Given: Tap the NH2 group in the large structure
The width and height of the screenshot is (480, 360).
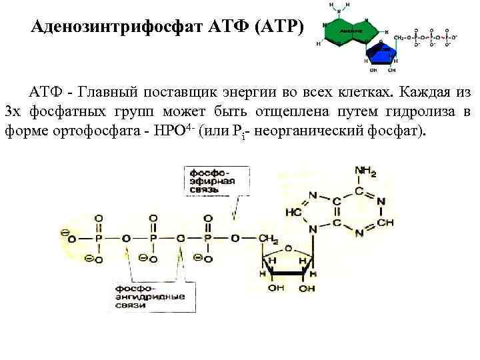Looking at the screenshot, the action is coord(365,171).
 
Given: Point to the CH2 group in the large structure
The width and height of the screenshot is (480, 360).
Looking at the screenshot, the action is coord(268,237).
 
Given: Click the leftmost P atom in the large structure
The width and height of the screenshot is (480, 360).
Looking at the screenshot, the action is coord(99,237).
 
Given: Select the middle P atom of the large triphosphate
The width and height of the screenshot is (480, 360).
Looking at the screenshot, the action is coord(153,237).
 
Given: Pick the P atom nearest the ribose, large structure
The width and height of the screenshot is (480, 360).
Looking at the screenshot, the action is coord(207,237).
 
